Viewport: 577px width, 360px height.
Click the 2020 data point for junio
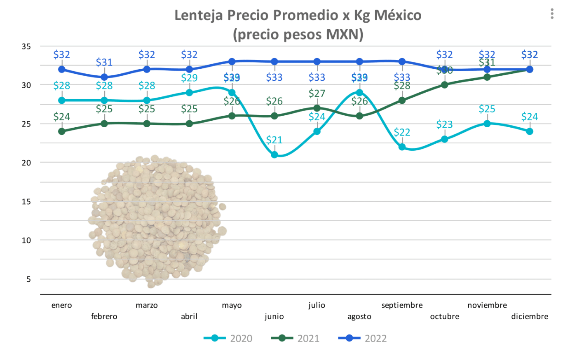click(x=274, y=155)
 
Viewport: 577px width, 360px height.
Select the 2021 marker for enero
click(x=62, y=131)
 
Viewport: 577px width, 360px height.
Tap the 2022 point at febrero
click(x=104, y=77)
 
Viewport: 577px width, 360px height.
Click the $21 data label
click(x=274, y=140)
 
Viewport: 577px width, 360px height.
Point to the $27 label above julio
click(x=317, y=94)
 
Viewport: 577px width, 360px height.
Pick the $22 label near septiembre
click(x=402, y=132)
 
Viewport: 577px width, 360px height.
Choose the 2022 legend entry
click(x=363, y=339)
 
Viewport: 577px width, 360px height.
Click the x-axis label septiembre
click(x=402, y=305)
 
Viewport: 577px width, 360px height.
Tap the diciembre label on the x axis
click(x=530, y=316)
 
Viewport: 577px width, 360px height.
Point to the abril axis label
click(x=189, y=316)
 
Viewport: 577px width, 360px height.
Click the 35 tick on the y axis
click(x=26, y=47)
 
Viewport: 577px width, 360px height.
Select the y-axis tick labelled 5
click(x=28, y=279)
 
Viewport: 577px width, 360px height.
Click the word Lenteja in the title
click(x=198, y=15)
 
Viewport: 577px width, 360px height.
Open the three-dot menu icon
click(x=552, y=14)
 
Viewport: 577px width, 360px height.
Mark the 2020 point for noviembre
click(x=487, y=124)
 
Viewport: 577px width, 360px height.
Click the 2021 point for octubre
click(x=445, y=85)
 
